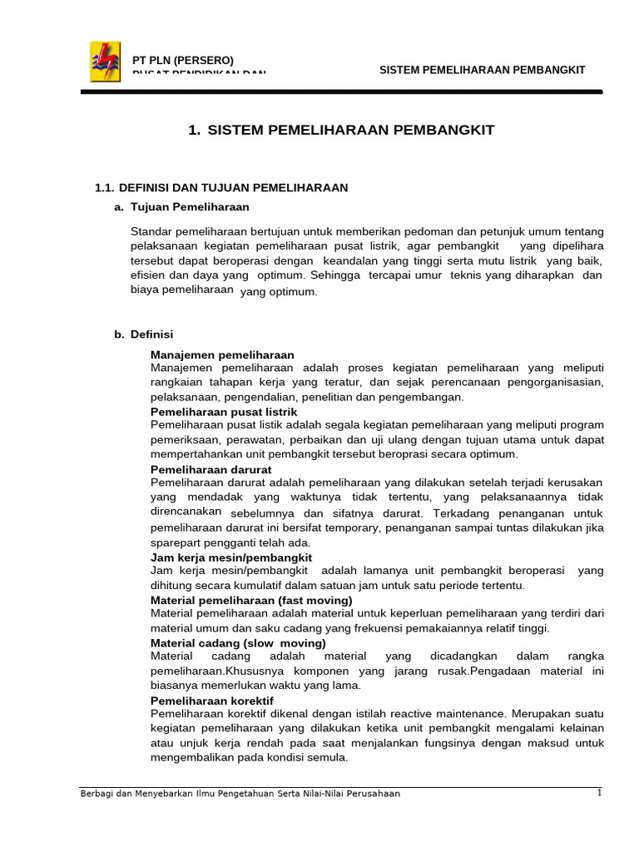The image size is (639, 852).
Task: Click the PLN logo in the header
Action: (105, 62)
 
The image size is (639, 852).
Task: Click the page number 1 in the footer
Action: (599, 792)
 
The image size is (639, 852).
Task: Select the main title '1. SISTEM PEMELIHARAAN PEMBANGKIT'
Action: (342, 130)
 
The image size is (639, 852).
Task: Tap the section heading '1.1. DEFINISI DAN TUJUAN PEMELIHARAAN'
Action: (222, 188)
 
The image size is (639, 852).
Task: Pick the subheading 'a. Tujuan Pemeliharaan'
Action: (182, 206)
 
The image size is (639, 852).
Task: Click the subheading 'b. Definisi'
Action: (144, 334)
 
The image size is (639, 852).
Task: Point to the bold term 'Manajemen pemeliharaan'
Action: (222, 354)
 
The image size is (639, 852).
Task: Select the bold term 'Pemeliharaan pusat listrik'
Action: (224, 412)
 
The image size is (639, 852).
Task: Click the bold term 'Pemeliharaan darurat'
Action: (211, 469)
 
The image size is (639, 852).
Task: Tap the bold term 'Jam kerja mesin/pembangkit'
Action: (231, 557)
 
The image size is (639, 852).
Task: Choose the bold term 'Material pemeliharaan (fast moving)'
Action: (251, 600)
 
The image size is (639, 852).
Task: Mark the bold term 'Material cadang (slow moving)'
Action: (238, 643)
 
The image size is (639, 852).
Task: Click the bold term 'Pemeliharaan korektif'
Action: (212, 701)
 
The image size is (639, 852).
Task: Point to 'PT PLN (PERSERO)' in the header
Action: (184, 60)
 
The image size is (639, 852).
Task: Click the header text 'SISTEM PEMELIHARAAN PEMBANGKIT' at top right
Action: (483, 70)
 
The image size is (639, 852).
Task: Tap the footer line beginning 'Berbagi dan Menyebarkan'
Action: (240, 794)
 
